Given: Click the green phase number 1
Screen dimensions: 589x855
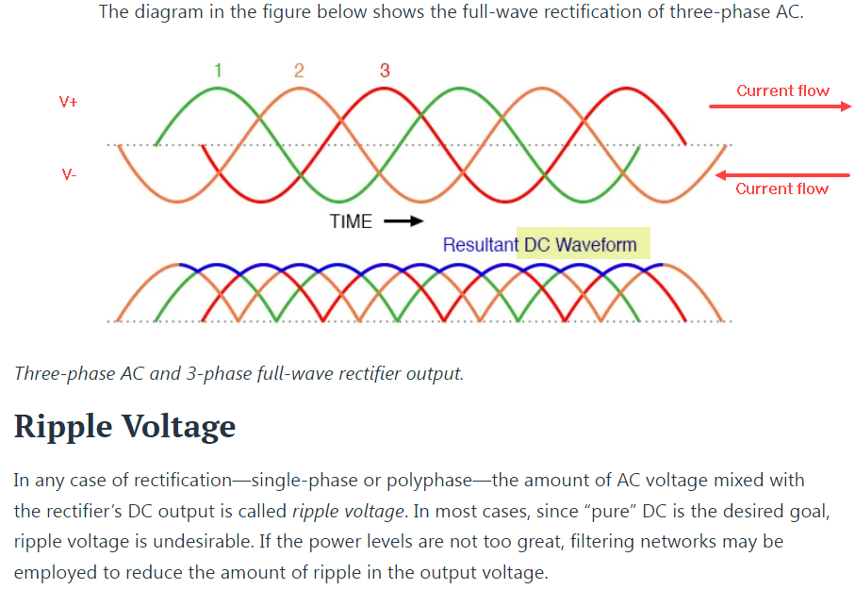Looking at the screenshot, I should [x=219, y=71].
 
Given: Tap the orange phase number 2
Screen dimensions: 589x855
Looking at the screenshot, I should [x=299, y=71].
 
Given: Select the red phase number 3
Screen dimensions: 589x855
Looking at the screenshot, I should [x=385, y=71].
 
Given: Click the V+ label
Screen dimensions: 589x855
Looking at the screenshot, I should [x=69, y=102].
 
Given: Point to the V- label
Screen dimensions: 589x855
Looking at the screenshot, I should [x=69, y=174].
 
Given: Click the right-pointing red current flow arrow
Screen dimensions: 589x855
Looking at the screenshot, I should [x=780, y=106].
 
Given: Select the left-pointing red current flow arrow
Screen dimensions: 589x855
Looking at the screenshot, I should [x=782, y=174].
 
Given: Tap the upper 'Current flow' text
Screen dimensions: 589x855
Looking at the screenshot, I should [x=782, y=90].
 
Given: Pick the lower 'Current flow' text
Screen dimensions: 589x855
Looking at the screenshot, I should [x=781, y=188].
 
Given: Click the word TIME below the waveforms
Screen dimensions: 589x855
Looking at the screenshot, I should [x=351, y=222].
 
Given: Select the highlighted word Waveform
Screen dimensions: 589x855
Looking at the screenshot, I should [x=596, y=245].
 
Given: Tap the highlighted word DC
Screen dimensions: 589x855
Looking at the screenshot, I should [x=536, y=245].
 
